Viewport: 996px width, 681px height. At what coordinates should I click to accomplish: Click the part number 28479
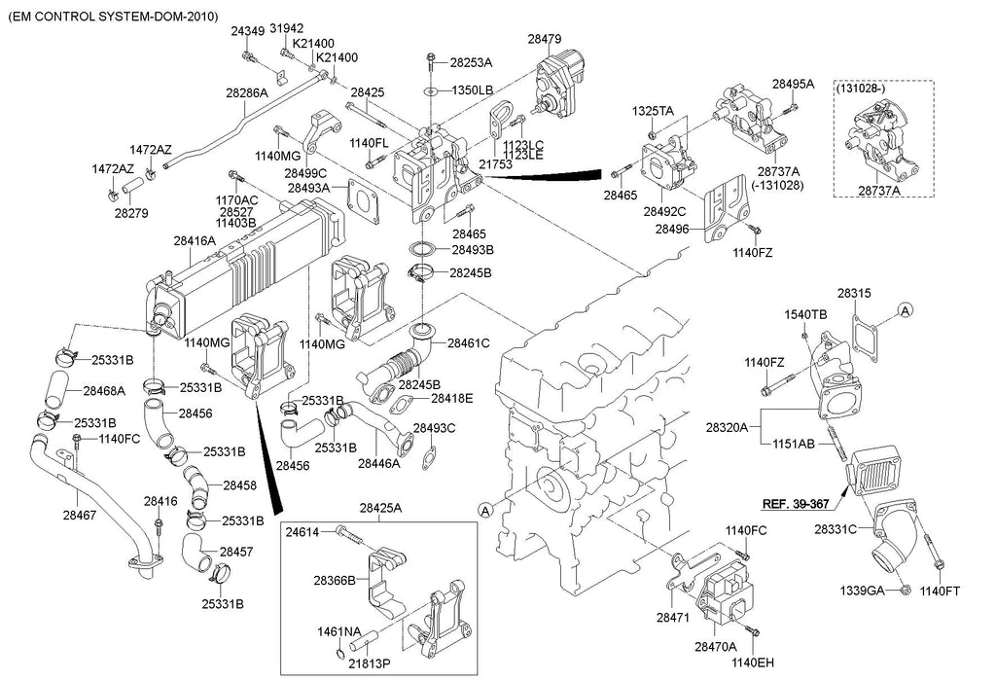point(545,39)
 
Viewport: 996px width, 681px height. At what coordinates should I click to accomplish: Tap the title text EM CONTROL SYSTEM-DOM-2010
point(113,18)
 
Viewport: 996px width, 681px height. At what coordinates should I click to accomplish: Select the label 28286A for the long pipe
point(247,93)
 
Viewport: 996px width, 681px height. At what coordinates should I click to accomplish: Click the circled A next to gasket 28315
point(905,309)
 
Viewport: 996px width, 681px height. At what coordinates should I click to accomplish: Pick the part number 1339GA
point(862,591)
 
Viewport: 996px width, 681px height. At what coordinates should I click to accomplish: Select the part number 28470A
point(715,645)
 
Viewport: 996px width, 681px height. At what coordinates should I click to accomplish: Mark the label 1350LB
point(472,90)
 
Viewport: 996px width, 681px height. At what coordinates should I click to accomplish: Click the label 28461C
point(469,342)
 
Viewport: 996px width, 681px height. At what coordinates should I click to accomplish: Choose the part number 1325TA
point(653,111)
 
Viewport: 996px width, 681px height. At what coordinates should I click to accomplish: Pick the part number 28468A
point(103,391)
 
